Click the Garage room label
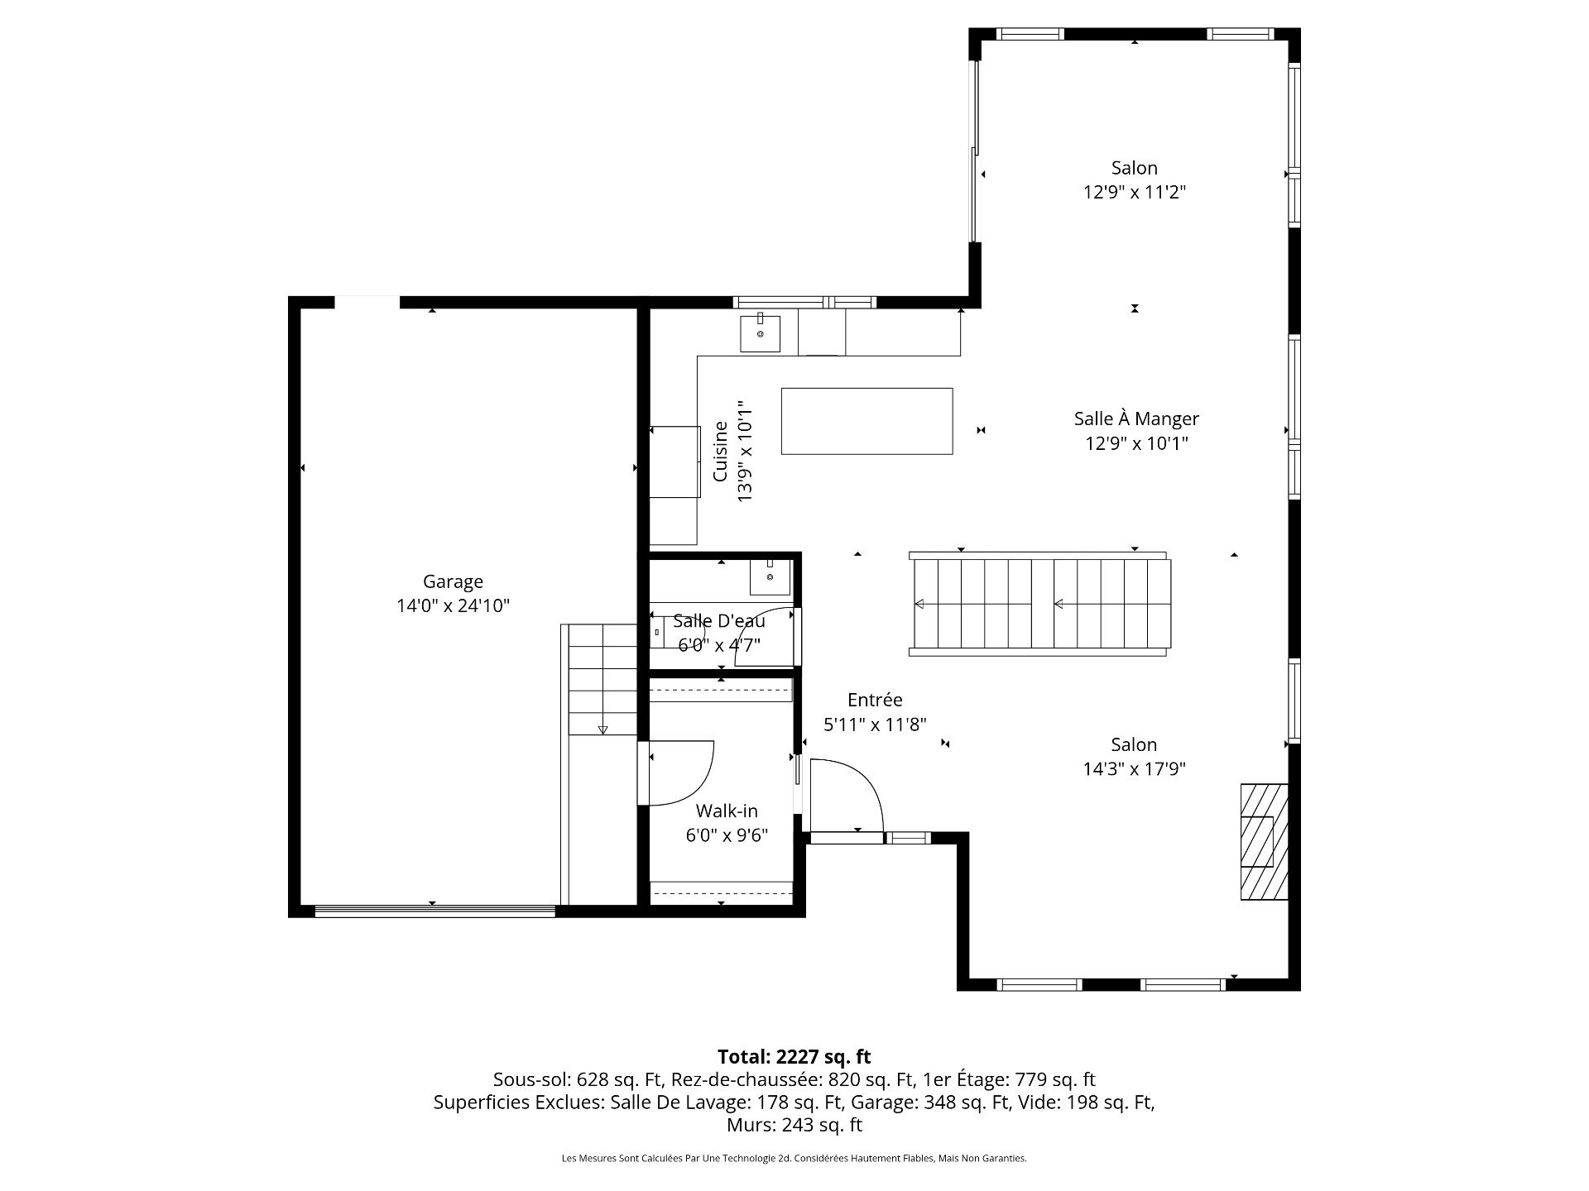point(453,581)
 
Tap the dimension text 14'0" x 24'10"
point(453,605)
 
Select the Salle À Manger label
point(1136,419)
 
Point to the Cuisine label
point(721,452)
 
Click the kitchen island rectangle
point(867,421)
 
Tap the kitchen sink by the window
point(760,333)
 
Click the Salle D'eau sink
point(770,576)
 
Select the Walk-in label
point(727,811)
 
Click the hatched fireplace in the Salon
point(1264,841)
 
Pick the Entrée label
point(875,700)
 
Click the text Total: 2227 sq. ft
point(794,1056)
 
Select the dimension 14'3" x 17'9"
point(1135,769)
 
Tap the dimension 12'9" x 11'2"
point(1135,193)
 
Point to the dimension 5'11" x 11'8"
point(875,725)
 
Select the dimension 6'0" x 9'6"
point(727,835)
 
